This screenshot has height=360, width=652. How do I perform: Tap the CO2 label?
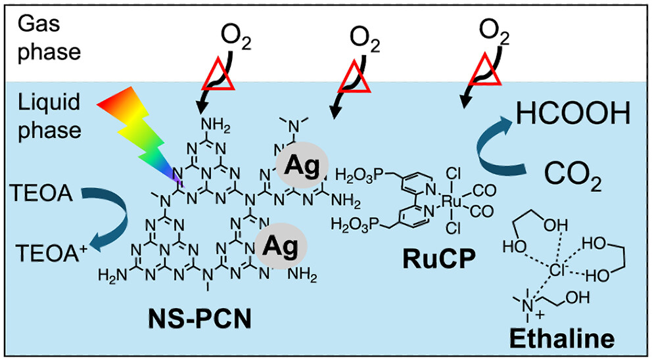point(574,177)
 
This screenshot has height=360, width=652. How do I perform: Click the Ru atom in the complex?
point(458,200)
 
